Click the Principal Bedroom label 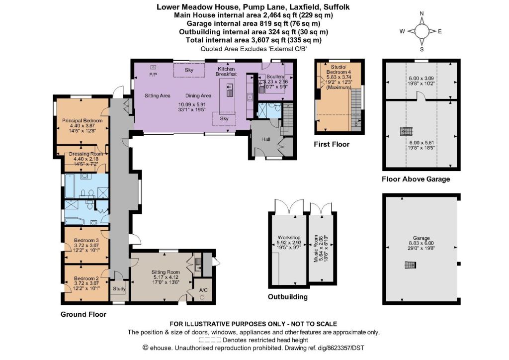[83, 120]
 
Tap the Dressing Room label [86, 154]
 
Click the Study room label [119, 288]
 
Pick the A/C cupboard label [203, 290]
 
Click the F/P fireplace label [153, 75]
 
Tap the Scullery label [275, 77]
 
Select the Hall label [266, 139]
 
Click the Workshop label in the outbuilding [289, 238]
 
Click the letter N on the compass [422, 13]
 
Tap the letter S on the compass [422, 49]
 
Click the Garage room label [422, 238]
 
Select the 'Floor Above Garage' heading [416, 179]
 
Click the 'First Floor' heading [332, 145]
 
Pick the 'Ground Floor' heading [84, 314]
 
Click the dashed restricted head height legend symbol [210, 340]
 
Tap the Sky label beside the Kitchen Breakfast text [189, 70]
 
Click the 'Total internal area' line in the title [254, 40]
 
